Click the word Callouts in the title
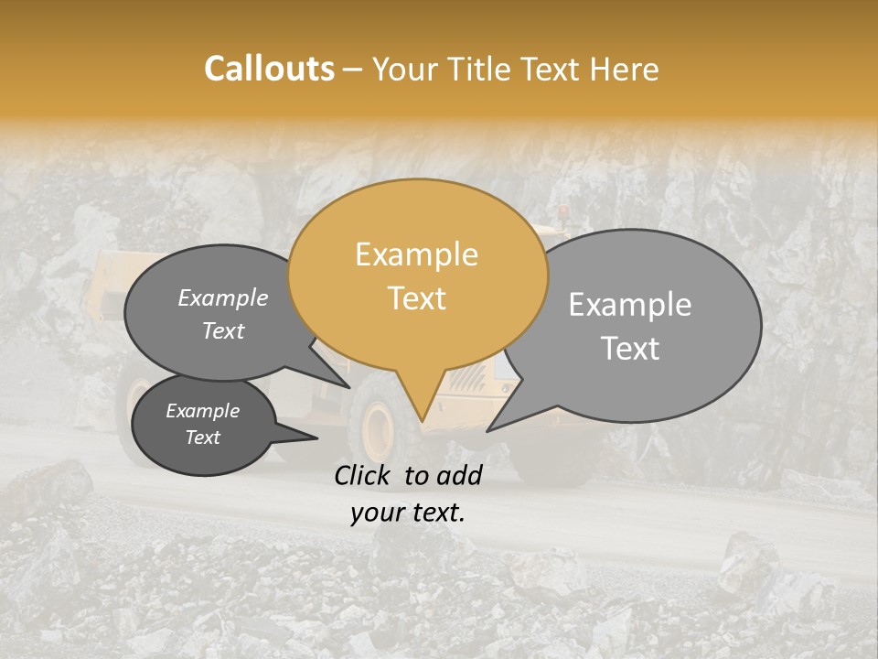click(269, 69)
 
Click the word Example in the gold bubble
click(416, 254)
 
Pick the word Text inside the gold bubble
click(416, 298)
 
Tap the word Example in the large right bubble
click(630, 305)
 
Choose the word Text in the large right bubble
click(630, 349)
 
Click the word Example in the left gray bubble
click(222, 297)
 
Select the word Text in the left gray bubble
click(222, 330)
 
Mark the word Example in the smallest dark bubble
click(202, 411)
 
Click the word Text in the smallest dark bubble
click(202, 438)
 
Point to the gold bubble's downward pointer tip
click(422, 419)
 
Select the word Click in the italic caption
click(364, 475)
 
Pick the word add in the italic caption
click(461, 475)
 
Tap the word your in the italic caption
click(377, 513)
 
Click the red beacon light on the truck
click(562, 213)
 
